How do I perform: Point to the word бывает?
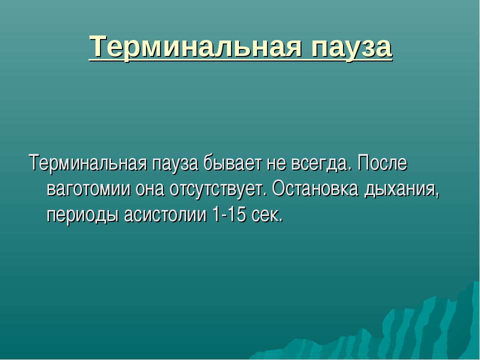click(233, 163)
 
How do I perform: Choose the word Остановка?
click(315, 188)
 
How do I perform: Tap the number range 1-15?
click(229, 214)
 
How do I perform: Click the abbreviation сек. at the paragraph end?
click(267, 215)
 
